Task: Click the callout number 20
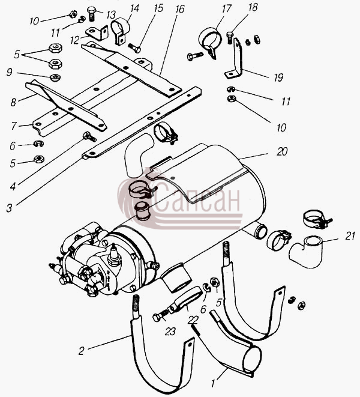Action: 282,151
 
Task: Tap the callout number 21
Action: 350,236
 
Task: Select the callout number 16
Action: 179,9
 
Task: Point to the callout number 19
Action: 278,77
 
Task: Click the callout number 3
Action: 9,208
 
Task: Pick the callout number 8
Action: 13,102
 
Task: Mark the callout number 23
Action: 170,331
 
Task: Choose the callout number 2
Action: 81,351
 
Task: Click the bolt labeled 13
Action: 91,13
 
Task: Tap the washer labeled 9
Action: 55,77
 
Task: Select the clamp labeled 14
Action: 119,31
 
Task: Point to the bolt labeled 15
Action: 134,48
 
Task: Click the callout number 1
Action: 213,383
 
